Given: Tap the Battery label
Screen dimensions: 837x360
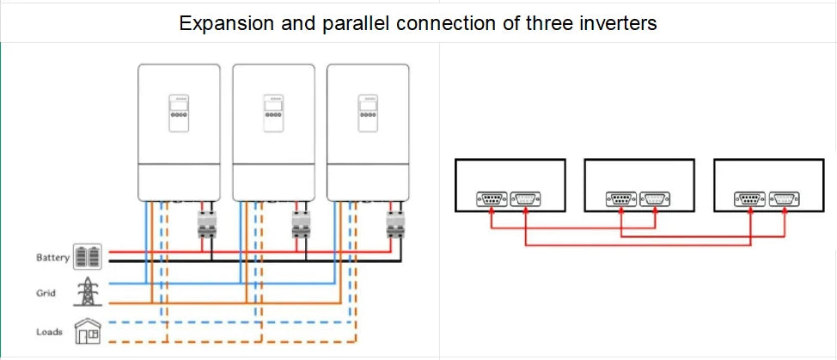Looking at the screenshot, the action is click(x=52, y=258).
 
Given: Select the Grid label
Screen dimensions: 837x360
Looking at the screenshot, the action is click(x=46, y=293).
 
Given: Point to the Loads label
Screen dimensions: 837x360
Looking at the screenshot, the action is click(x=49, y=332).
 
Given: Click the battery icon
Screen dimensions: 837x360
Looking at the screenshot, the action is click(x=87, y=257).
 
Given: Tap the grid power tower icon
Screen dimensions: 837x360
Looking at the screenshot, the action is click(x=87, y=291).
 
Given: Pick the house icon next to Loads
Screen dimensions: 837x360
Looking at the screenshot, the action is click(x=88, y=331).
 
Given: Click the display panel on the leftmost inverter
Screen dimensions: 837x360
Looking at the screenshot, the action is click(x=179, y=113).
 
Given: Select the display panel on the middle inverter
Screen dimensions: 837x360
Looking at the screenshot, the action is click(x=273, y=113).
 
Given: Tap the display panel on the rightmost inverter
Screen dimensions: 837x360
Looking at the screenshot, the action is click(x=368, y=113).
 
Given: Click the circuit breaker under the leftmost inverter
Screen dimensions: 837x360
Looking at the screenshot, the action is click(x=206, y=224).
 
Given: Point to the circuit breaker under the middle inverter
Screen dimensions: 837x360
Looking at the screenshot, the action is click(x=301, y=224).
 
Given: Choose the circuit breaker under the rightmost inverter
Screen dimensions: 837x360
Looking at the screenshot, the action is click(x=395, y=224).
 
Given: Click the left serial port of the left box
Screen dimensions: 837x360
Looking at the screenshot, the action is click(x=492, y=199).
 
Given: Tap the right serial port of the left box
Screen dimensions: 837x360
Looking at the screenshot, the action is click(x=525, y=199).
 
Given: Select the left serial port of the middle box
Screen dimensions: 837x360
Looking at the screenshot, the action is click(x=621, y=199).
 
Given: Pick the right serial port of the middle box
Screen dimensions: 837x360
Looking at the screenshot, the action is click(x=655, y=199).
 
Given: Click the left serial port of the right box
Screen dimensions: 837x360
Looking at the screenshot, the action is click(x=750, y=199).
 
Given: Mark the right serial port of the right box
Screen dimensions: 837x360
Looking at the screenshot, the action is click(x=785, y=199).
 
